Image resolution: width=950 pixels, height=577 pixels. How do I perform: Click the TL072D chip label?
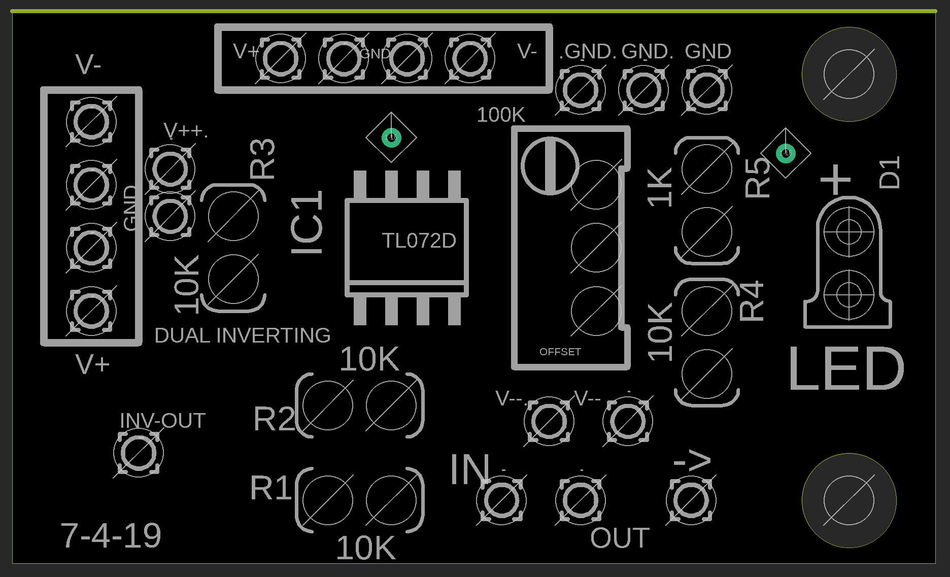point(419,241)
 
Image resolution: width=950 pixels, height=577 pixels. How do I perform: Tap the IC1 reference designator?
point(307,223)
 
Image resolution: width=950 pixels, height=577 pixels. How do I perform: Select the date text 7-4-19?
point(111,535)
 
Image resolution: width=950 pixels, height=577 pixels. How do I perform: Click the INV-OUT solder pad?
point(138,452)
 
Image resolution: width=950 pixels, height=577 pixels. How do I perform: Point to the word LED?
point(846,369)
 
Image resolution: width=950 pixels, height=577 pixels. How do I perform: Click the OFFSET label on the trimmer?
point(560,352)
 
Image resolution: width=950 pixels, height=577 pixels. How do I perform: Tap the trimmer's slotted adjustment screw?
point(550,165)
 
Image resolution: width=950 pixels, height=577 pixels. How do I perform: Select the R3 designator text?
point(262,159)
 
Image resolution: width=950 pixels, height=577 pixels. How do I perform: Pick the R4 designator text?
point(752,301)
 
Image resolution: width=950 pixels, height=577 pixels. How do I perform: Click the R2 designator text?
point(274,419)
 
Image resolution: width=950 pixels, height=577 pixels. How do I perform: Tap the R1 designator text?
point(271,488)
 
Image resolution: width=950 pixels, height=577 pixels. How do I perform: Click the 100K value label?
point(500,115)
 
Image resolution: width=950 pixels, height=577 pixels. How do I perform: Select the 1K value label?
point(660,187)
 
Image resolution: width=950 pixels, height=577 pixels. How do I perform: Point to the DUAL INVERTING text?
point(242,335)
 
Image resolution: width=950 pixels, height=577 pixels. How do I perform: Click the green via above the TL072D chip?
point(391,137)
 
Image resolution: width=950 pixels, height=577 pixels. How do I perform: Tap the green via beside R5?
point(786,153)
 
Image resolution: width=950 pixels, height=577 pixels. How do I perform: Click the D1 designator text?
point(890,173)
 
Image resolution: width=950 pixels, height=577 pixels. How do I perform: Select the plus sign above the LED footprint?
point(835,179)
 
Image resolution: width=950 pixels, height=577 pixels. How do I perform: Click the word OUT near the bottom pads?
point(620,538)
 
